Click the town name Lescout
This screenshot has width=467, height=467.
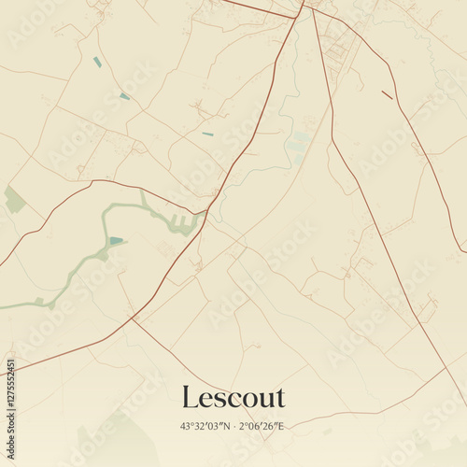click(x=233, y=397)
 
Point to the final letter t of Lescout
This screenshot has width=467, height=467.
click(x=278, y=398)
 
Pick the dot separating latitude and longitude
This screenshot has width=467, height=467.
click(x=233, y=427)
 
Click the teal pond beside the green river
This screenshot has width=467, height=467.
click(x=116, y=241)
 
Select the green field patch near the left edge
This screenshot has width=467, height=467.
click(x=14, y=199)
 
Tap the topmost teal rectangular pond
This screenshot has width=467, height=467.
click(x=97, y=63)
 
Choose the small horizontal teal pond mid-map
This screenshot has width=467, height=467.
click(x=206, y=134)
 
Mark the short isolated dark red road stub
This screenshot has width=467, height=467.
click(x=387, y=94)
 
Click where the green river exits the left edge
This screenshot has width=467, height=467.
click(x=3, y=305)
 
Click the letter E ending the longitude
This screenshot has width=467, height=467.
click(x=283, y=427)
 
